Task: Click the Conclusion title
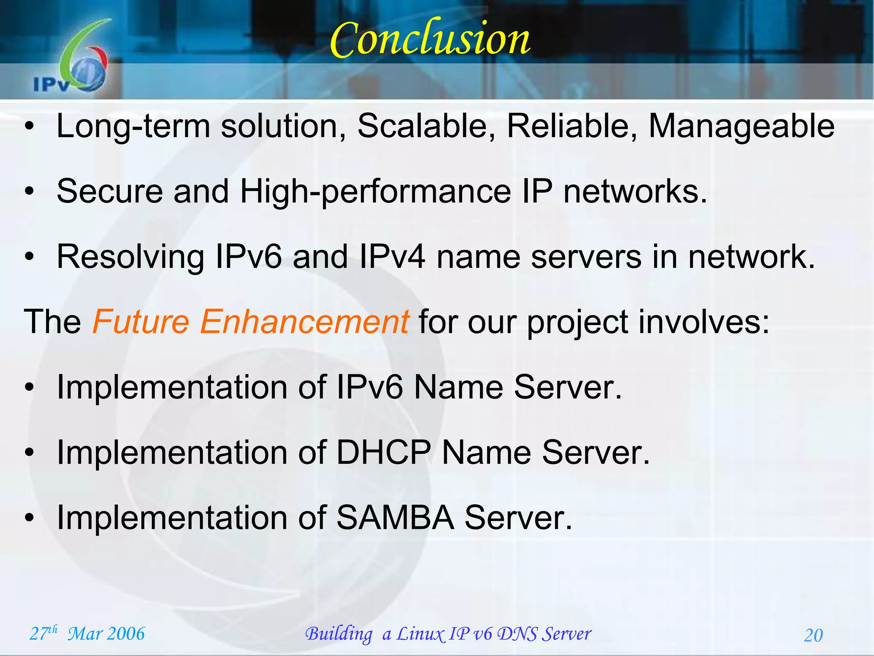tap(430, 39)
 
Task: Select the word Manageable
tap(741, 126)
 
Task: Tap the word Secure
tap(110, 192)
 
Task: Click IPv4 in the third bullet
tap(392, 257)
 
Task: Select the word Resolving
tap(131, 257)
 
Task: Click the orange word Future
tap(141, 322)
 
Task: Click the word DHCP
tap(383, 453)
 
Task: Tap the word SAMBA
tap(395, 518)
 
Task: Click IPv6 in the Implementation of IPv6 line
tap(370, 387)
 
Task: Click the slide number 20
tap(813, 635)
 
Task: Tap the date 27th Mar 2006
tap(87, 633)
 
